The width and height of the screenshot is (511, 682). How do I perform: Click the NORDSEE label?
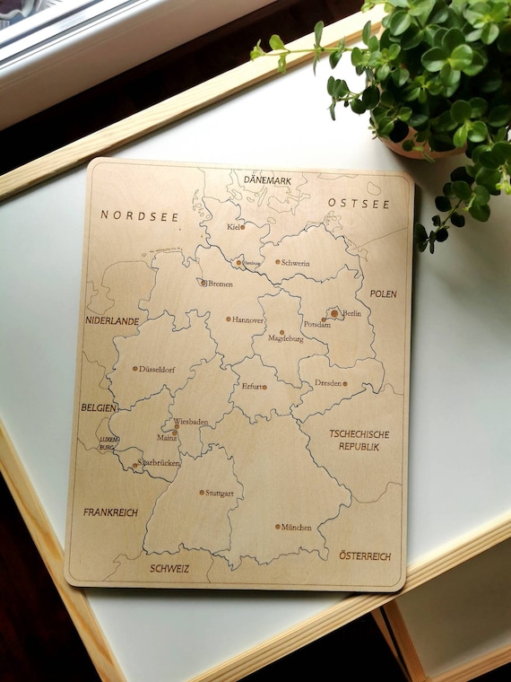[140, 215]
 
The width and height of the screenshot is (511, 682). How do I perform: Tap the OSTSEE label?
[359, 204]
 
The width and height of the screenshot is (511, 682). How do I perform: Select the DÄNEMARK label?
[267, 180]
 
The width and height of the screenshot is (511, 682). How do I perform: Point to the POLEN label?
[383, 293]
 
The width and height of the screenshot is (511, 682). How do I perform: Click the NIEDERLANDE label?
[112, 320]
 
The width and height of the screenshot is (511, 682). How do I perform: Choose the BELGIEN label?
[99, 407]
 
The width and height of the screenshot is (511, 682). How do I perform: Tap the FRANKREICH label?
[110, 512]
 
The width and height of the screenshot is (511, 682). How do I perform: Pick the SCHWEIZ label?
[169, 568]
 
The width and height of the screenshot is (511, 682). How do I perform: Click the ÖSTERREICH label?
[365, 556]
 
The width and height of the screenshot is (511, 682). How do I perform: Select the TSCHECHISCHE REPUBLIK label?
[359, 440]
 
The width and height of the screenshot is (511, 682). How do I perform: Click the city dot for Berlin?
[334, 313]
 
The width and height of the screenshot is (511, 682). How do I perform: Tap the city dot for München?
[278, 527]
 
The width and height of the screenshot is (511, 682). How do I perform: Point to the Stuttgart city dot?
[202, 492]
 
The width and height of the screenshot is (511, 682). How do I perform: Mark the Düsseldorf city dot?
[135, 368]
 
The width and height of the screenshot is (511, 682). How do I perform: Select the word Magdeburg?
[286, 339]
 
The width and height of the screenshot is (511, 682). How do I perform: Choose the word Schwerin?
[295, 263]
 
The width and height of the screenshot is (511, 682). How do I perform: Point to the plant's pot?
[421, 148]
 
